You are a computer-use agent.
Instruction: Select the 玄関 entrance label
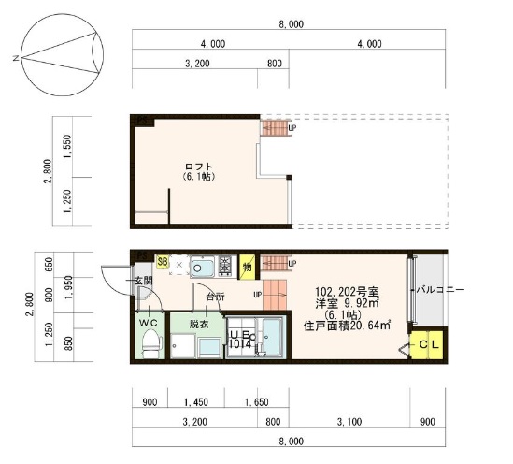coord(143,280)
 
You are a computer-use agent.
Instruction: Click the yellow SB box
coord(163,264)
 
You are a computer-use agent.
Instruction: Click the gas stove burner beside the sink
coord(224,267)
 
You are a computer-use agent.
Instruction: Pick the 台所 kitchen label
coord(215,297)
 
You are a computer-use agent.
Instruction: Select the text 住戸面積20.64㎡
coord(347,326)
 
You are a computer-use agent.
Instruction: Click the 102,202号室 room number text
coord(346,291)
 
